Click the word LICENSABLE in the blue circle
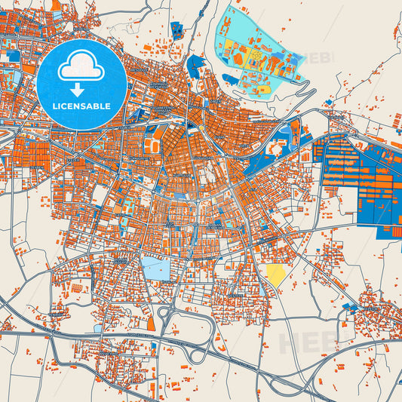(x=81, y=106)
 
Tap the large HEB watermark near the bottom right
(x=305, y=342)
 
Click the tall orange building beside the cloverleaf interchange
(x=150, y=323)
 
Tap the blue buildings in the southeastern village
(x=351, y=308)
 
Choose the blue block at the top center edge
(x=176, y=30)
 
